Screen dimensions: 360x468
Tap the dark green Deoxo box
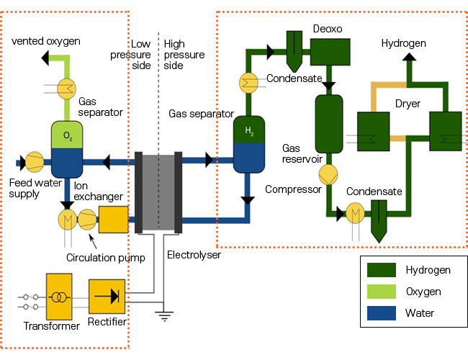pos(330,52)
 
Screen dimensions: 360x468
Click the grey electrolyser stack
pos(158,192)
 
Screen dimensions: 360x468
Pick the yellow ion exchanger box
pos(113,219)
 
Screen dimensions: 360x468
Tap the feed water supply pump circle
pos(34,163)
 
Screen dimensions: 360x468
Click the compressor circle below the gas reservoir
pos(328,174)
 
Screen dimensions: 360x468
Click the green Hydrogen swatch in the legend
pos(382,271)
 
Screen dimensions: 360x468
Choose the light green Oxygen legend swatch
pos(382,292)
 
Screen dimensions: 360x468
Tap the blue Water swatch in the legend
pos(382,314)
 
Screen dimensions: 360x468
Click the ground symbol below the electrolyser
pos(165,314)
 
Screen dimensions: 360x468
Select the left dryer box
pos(373,130)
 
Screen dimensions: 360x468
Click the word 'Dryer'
pos(408,104)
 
